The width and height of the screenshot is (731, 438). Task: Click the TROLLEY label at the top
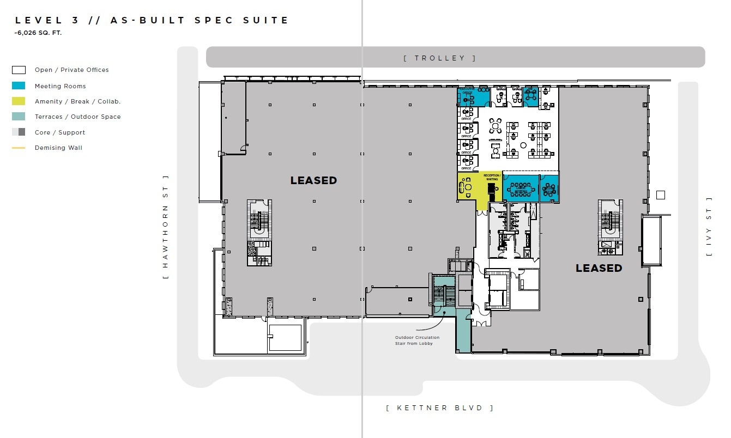(439, 58)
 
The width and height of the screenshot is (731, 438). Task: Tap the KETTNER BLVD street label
(439, 407)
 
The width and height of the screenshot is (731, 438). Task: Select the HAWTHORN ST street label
(166, 227)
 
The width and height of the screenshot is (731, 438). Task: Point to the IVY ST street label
(709, 227)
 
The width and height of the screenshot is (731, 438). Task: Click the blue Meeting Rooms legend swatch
(19, 86)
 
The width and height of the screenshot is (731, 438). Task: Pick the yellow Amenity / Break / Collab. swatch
(19, 101)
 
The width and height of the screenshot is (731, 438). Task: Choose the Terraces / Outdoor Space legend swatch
(19, 117)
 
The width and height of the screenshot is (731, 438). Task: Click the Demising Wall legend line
(19, 148)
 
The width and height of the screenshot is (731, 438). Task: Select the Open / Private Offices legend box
(19, 70)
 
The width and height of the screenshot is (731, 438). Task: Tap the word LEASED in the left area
(313, 180)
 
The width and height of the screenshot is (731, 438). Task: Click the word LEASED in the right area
(599, 268)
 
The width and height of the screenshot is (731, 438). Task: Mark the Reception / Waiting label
(491, 177)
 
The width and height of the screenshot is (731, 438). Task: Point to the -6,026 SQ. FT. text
(38, 33)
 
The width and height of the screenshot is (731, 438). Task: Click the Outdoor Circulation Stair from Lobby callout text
(417, 340)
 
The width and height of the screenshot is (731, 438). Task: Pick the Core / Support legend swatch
(19, 132)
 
